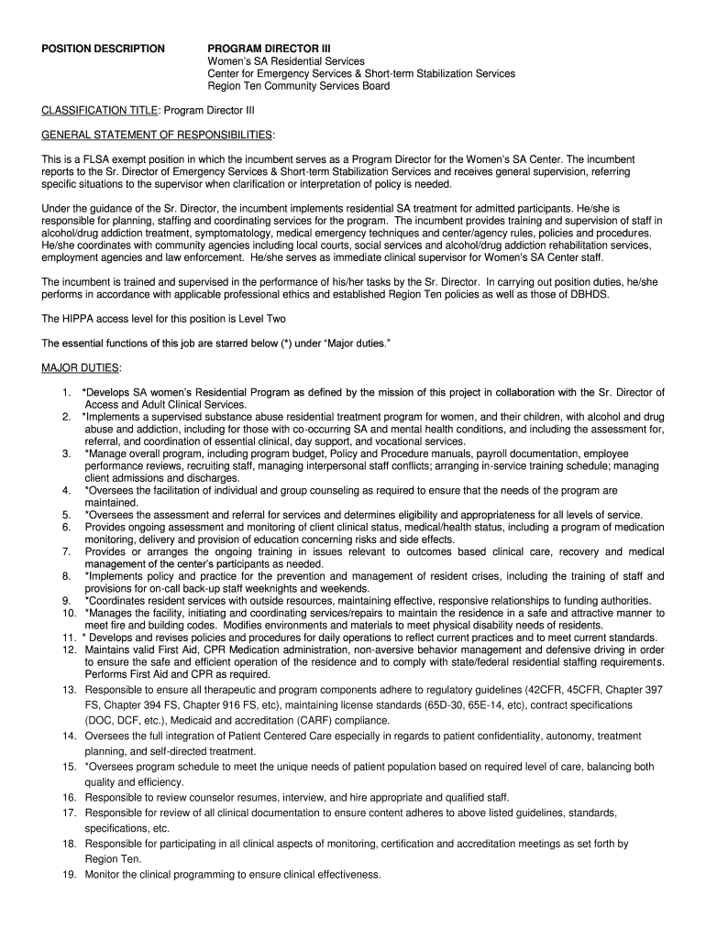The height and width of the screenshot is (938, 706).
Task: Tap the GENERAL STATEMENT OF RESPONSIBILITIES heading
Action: (157, 136)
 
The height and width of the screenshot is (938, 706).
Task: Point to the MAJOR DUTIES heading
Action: (81, 368)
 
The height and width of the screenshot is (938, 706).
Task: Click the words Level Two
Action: (262, 319)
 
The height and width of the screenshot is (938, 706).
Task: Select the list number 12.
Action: (69, 649)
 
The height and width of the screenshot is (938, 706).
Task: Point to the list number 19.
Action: (69, 875)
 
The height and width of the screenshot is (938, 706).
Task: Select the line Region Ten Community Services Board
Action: (298, 86)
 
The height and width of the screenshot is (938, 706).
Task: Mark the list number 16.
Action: (69, 797)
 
